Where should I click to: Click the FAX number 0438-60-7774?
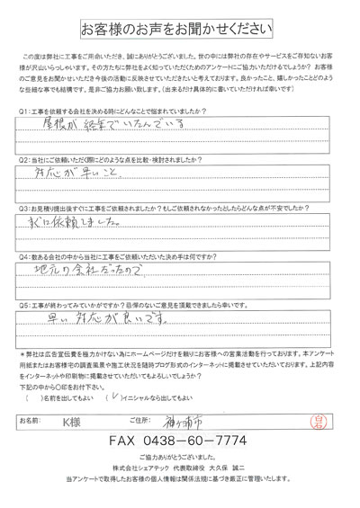pyautogui.click(x=180, y=443)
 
